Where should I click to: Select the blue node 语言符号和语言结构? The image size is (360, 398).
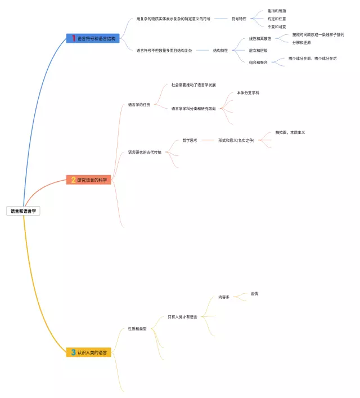[93, 38]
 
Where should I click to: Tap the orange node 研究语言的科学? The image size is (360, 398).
[89, 180]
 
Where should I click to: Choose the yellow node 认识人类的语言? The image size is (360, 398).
[89, 352]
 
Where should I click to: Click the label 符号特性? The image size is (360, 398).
[239, 19]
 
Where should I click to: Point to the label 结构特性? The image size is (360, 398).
[220, 50]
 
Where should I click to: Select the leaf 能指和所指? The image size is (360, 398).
[277, 11]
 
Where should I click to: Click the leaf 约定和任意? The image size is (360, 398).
[277, 19]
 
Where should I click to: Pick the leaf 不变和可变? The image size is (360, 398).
[277, 26]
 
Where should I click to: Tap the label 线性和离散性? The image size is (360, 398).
[260, 39]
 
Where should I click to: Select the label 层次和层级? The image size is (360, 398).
[258, 50]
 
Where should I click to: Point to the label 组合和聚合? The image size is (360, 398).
[258, 62]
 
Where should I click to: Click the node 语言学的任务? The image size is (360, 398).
[139, 104]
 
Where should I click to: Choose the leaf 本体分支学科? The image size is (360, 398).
[248, 92]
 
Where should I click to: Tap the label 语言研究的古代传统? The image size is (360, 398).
[145, 152]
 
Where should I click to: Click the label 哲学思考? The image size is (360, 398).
[190, 140]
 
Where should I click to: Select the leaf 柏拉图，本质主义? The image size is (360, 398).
[290, 132]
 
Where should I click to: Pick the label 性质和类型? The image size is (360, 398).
[137, 329]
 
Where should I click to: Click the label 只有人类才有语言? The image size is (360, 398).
[182, 317]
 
